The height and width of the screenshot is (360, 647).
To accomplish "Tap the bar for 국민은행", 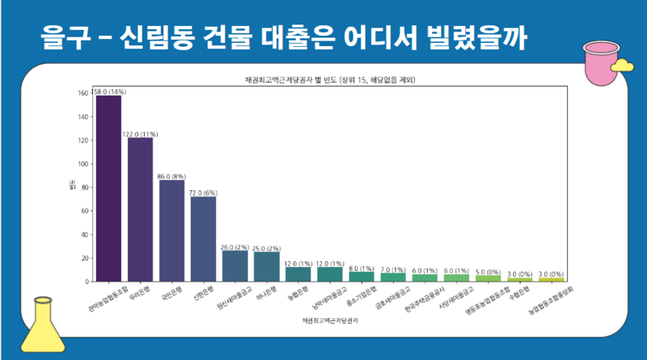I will tap(171, 231).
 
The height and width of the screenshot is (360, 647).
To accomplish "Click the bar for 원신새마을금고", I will tap(235, 266).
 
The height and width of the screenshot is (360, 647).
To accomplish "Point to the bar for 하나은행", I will tap(266, 267).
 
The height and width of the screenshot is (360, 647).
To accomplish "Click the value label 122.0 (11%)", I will tap(140, 133).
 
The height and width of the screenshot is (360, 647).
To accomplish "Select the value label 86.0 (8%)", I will tap(171, 176).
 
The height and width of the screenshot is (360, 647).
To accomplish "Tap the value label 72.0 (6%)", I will tap(203, 193).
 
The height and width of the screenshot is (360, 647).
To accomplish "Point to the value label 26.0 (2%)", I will tap(235, 247).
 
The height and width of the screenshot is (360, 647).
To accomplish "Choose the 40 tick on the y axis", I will tap(83, 235).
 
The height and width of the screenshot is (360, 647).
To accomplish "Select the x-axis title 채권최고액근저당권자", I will tap(329, 321).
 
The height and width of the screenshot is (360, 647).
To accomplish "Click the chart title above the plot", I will tap(329, 79).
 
